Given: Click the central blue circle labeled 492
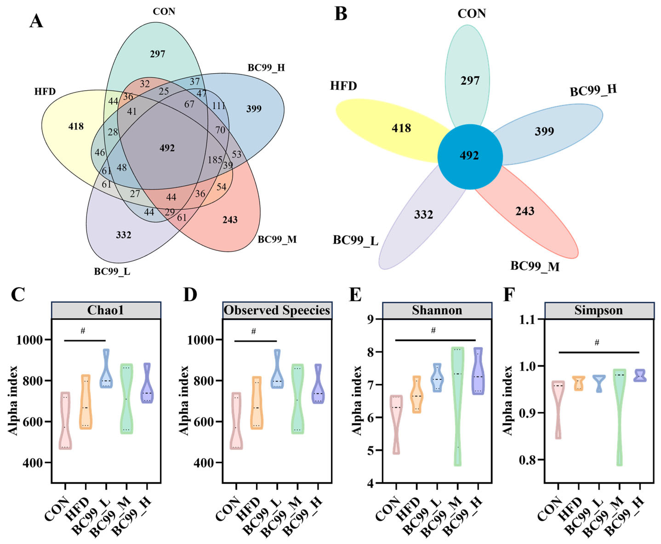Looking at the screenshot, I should click(470, 157).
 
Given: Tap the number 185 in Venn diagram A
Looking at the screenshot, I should click(215, 160).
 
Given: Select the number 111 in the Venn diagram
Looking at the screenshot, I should click(218, 106).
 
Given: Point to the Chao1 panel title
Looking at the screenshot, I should click(105, 310).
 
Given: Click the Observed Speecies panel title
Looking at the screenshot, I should click(277, 310).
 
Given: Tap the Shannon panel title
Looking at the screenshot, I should click(437, 310).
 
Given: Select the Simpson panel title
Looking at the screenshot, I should click(598, 310).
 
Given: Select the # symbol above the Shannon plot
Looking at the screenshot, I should click(433, 330).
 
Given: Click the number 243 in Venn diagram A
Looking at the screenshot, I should click(230, 220).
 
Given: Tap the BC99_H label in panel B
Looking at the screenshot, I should click(593, 91).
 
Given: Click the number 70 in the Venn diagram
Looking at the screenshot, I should click(220, 130).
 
